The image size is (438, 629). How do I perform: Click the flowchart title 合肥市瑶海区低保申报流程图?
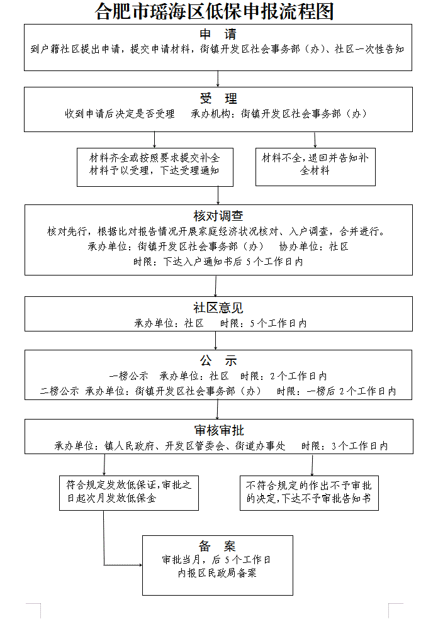[214, 11]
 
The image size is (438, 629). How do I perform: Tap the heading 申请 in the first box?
[218, 34]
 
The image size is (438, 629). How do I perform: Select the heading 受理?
[218, 99]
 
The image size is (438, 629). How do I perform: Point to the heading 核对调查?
[218, 216]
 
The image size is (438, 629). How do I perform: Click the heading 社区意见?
[218, 308]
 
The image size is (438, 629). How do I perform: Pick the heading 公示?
[218, 361]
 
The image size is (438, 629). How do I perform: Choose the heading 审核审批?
[218, 431]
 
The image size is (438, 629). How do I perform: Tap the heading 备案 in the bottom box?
[217, 546]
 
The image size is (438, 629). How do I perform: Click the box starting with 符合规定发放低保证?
[129, 492]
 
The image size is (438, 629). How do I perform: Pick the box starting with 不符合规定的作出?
[309, 492]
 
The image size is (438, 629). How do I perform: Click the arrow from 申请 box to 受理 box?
[218, 79]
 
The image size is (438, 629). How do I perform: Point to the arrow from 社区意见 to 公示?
[216, 340]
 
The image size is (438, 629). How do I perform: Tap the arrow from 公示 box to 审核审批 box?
[218, 410]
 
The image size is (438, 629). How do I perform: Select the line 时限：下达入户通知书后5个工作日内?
[218, 262]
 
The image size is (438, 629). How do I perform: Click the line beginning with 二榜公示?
[218, 391]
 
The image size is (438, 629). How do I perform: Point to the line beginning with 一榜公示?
[218, 376]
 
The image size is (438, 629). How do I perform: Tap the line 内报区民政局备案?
[217, 574]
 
